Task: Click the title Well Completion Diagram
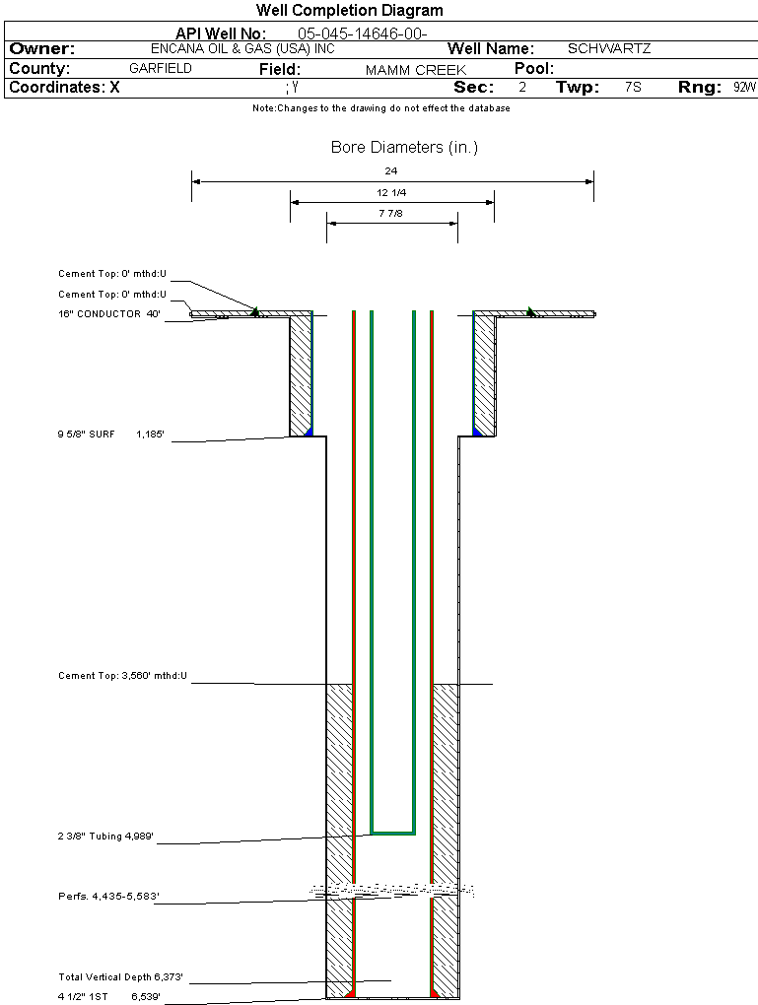[349, 11]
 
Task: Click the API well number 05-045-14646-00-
[362, 34]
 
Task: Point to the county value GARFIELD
[161, 69]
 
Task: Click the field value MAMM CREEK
[415, 70]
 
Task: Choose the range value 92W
[744, 88]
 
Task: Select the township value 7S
[633, 88]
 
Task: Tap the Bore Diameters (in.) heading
[404, 148]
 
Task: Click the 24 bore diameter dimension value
[391, 170]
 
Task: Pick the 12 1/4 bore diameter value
[391, 192]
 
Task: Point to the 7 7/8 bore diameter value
[391, 213]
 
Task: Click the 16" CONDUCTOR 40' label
[109, 314]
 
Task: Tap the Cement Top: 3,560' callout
[122, 676]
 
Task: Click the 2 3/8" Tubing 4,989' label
[105, 837]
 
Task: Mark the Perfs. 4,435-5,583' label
[108, 897]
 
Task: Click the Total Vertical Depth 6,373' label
[120, 977]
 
